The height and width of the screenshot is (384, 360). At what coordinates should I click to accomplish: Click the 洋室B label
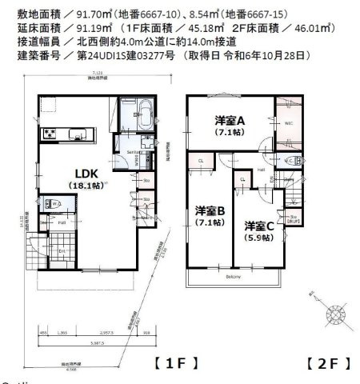tap(210, 211)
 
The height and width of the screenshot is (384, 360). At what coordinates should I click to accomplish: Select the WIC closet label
tap(287, 125)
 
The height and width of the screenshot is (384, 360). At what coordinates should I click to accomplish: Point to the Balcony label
tap(233, 277)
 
